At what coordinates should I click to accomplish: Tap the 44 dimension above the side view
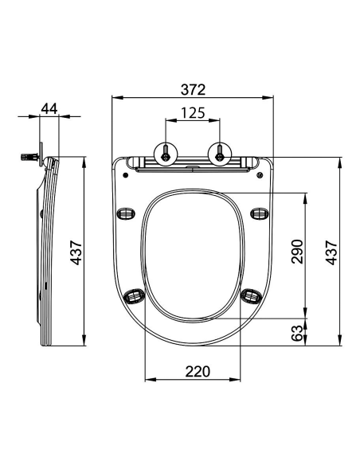click(x=49, y=109)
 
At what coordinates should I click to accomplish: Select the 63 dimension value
click(x=296, y=333)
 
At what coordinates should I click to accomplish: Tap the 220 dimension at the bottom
click(x=191, y=370)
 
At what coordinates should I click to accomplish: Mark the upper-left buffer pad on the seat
click(x=125, y=213)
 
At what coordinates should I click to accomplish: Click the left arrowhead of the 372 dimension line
click(x=114, y=96)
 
